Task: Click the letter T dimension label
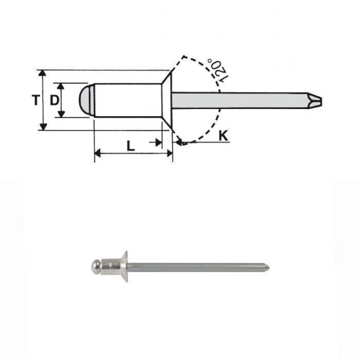tap(34, 100)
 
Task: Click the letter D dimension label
tap(53, 100)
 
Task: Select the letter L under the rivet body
tap(131, 146)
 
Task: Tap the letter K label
tap(223, 136)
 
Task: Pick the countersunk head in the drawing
tap(166, 100)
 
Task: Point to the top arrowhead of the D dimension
tap(61, 86)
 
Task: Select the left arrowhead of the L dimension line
tap(98, 153)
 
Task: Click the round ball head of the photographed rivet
tap(95, 266)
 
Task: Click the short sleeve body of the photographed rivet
tap(109, 266)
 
